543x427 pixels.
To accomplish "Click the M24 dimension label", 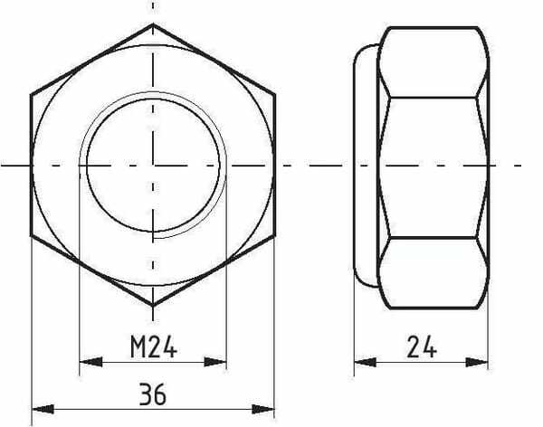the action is pyautogui.click(x=154, y=346).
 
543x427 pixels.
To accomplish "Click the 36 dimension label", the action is pyautogui.click(x=153, y=394).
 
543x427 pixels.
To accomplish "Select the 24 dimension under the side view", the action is pyautogui.click(x=422, y=346).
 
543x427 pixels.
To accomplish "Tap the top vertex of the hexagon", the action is pyautogui.click(x=153, y=24).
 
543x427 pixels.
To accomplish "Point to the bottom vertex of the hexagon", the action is pyautogui.click(x=153, y=306).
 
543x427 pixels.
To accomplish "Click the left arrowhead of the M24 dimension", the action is pyautogui.click(x=90, y=362).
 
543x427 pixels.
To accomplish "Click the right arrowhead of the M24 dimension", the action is pyautogui.click(x=215, y=362).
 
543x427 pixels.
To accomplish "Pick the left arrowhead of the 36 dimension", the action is pyautogui.click(x=43, y=409).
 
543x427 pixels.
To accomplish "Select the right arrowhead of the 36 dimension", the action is pyautogui.click(x=262, y=409).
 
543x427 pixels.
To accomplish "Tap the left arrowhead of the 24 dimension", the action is pyautogui.click(x=366, y=363).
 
